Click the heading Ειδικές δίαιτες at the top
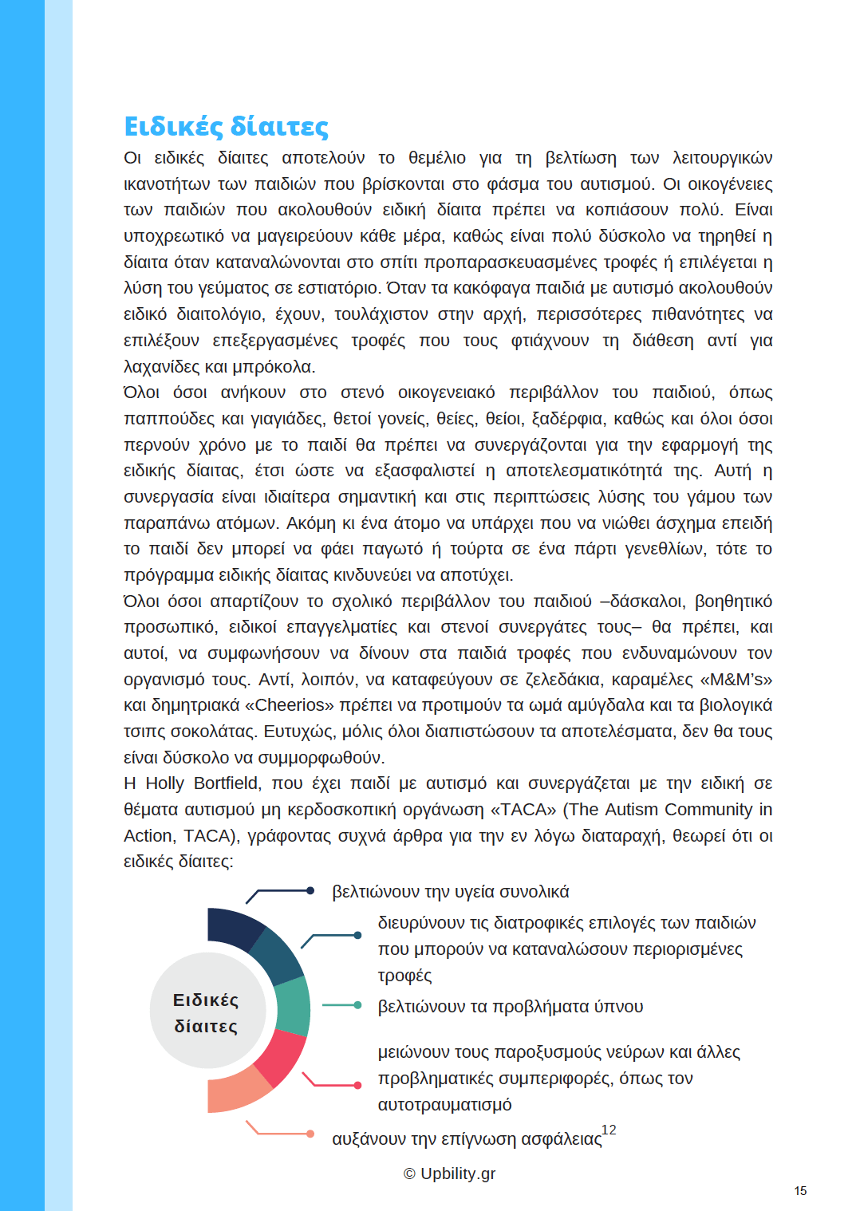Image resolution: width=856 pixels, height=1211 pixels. pyautogui.click(x=226, y=127)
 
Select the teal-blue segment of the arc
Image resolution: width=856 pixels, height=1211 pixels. pyautogui.click(x=275, y=956)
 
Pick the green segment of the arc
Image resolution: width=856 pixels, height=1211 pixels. pyautogui.click(x=293, y=1007)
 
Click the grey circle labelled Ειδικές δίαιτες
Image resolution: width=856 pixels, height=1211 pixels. pyautogui.click(x=206, y=1012)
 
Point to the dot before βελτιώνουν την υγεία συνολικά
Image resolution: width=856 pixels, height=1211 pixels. pyautogui.click(x=310, y=891)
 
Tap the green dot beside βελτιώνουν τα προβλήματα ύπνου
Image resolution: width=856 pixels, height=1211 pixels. pyautogui.click(x=357, y=1005)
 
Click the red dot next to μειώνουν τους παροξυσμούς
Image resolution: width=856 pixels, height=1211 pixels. pyautogui.click(x=357, y=1085)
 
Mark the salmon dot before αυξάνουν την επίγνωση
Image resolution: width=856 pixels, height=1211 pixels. pyautogui.click(x=310, y=1134)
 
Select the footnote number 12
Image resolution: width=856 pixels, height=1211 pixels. pyautogui.click(x=609, y=1130)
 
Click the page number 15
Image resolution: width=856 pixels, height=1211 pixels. pyautogui.click(x=800, y=1191)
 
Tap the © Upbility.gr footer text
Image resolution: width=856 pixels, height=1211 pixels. pyautogui.click(x=449, y=1174)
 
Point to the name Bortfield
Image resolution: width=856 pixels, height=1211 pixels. pyautogui.click(x=226, y=783)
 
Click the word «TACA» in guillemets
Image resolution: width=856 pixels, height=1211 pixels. pyautogui.click(x=523, y=810)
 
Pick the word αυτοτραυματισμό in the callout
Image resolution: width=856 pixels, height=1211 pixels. pyautogui.click(x=444, y=1105)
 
